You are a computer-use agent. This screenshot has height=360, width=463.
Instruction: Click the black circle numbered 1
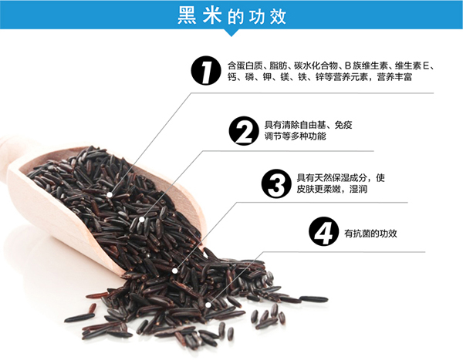[x=203, y=72]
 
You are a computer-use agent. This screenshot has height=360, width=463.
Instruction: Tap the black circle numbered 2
[x=243, y=130]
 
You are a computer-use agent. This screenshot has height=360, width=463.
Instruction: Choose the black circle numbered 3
[x=275, y=183]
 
